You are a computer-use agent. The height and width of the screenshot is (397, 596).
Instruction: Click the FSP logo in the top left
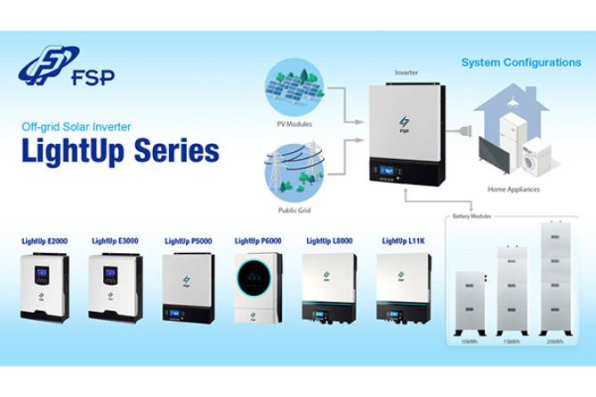click(66, 67)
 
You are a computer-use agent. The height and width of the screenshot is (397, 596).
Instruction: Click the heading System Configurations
click(520, 62)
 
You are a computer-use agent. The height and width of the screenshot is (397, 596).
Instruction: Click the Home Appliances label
click(513, 189)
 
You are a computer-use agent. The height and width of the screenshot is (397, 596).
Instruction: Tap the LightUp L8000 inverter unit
click(329, 286)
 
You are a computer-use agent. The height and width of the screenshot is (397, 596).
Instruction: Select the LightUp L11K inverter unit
click(404, 286)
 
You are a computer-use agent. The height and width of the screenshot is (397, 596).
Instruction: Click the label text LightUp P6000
click(258, 241)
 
